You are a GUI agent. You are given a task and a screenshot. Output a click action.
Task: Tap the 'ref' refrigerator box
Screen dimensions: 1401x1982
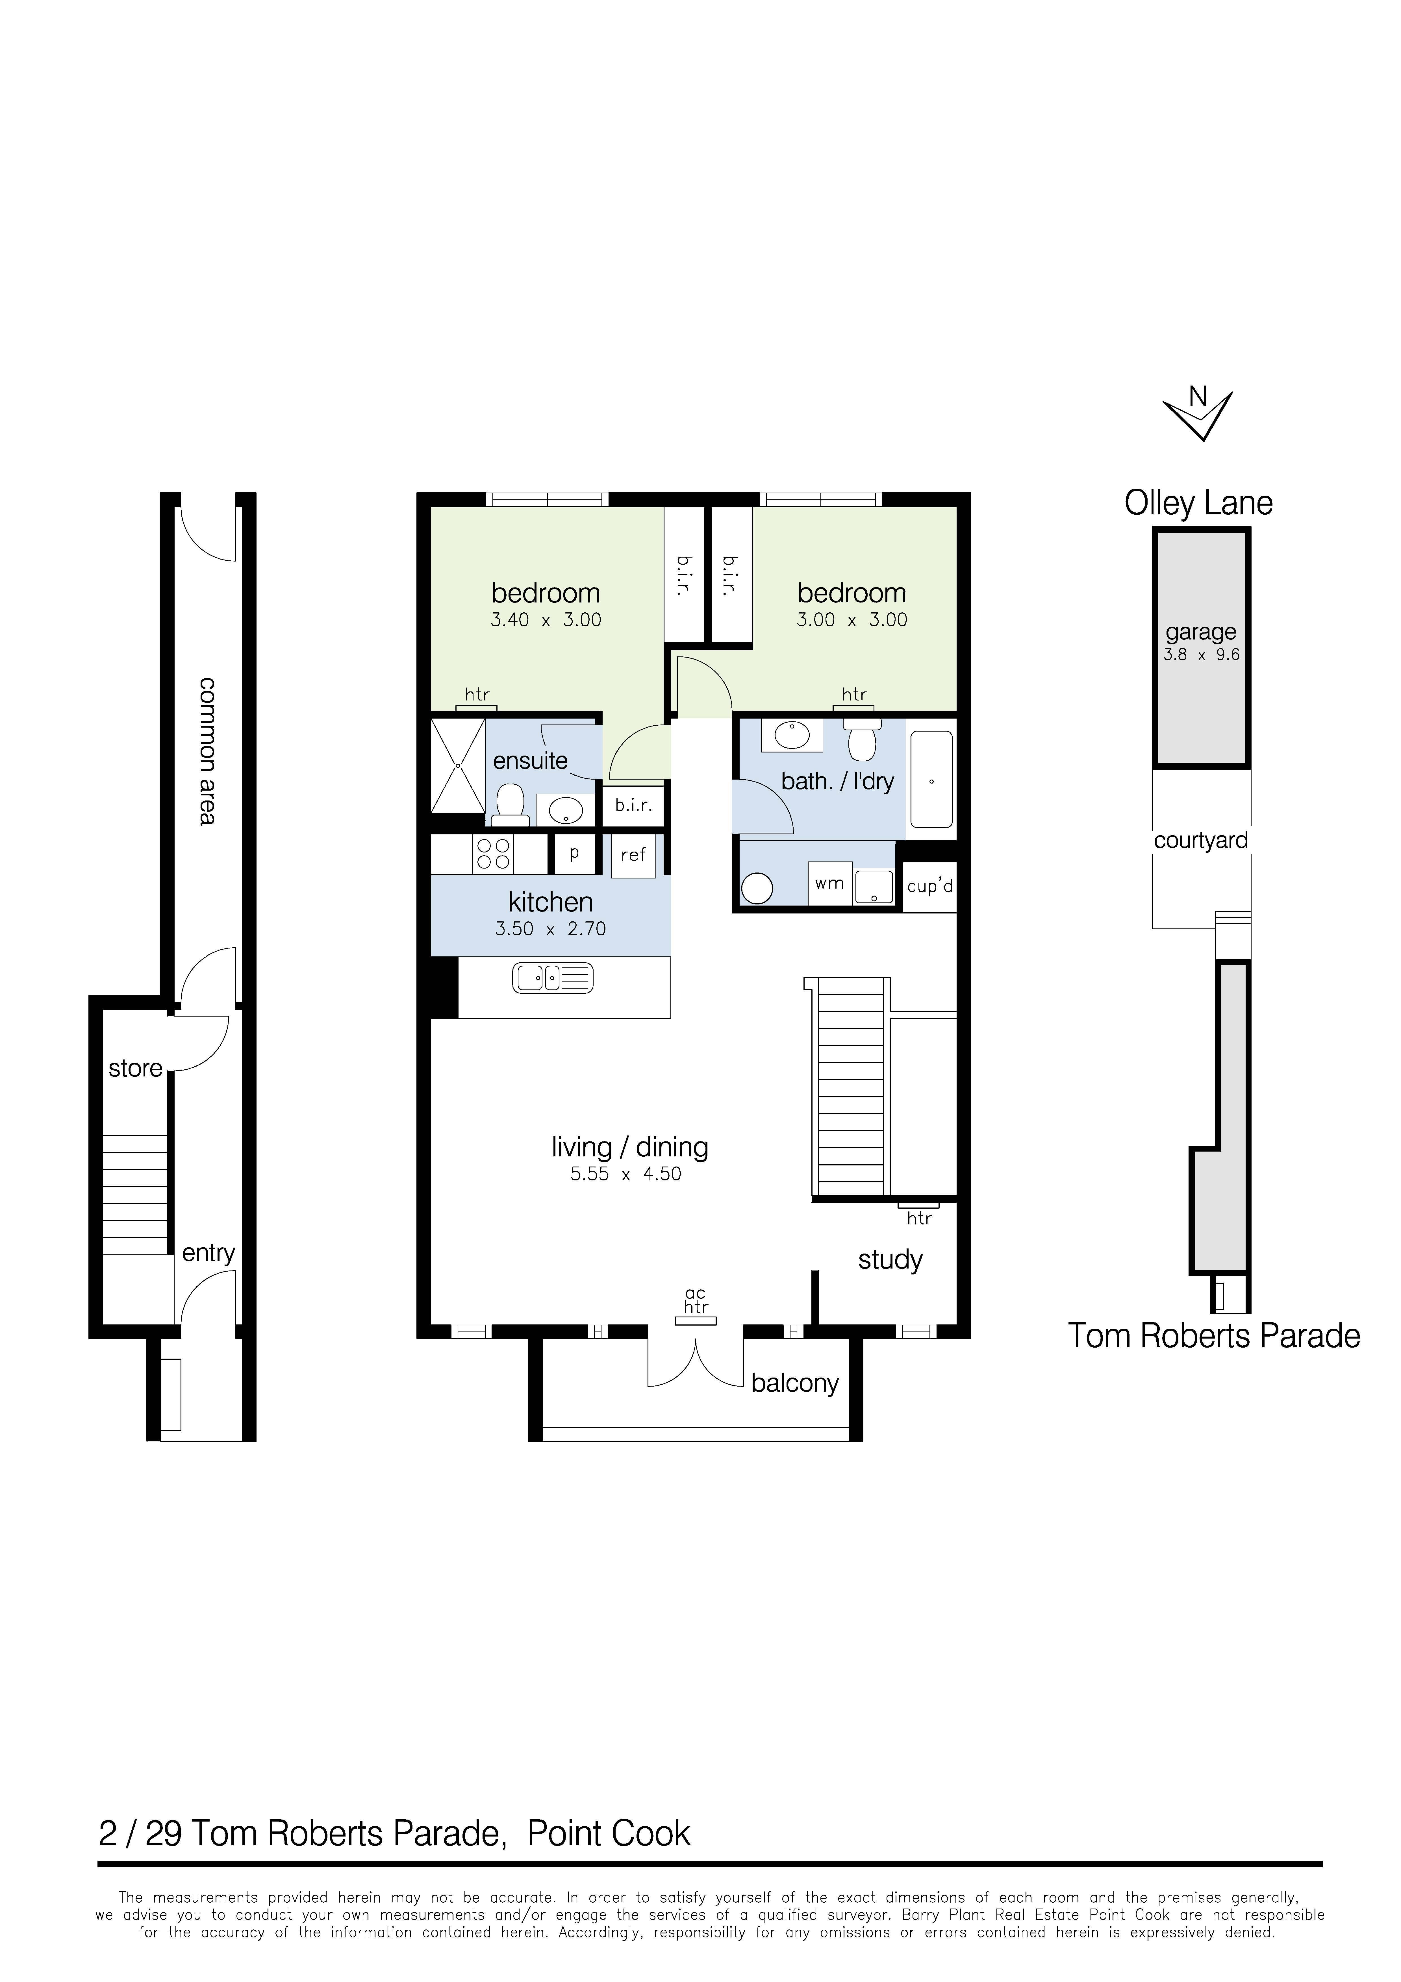click(634, 855)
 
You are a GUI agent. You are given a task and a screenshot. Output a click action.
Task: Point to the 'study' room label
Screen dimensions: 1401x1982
click(890, 1260)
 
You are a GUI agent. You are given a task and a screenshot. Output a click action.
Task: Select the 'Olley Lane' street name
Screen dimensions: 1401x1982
click(1198, 503)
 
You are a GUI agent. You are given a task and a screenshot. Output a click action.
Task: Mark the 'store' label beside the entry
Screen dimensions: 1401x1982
click(136, 1069)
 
